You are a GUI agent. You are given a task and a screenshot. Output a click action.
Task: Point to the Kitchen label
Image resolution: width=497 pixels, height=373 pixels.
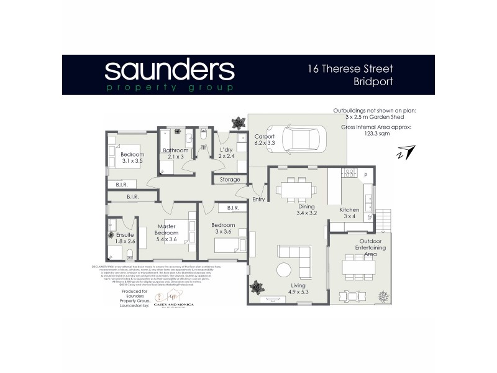[x=350, y=210]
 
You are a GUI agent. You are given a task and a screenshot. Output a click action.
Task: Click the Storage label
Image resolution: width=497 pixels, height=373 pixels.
[x=226, y=180]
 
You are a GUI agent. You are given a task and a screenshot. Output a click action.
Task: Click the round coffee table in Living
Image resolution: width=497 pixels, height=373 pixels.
[x=283, y=270]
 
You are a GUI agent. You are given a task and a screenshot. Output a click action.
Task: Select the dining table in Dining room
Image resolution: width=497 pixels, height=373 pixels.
[x=294, y=188]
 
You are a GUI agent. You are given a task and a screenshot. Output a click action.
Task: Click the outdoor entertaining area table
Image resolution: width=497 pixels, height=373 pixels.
[x=358, y=267]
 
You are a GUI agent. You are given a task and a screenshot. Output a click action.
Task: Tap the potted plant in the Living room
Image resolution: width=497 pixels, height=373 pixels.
[x=255, y=288]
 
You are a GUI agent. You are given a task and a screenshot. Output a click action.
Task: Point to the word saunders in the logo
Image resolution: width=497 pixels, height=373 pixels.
[x=169, y=70]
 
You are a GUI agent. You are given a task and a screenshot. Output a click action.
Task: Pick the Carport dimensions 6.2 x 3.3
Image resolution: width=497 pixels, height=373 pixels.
[x=265, y=144]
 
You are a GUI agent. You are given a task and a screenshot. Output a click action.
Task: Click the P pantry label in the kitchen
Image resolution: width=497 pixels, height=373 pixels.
[x=365, y=176]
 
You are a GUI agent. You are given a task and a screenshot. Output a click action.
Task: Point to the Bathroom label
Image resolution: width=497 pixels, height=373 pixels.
[x=175, y=150]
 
